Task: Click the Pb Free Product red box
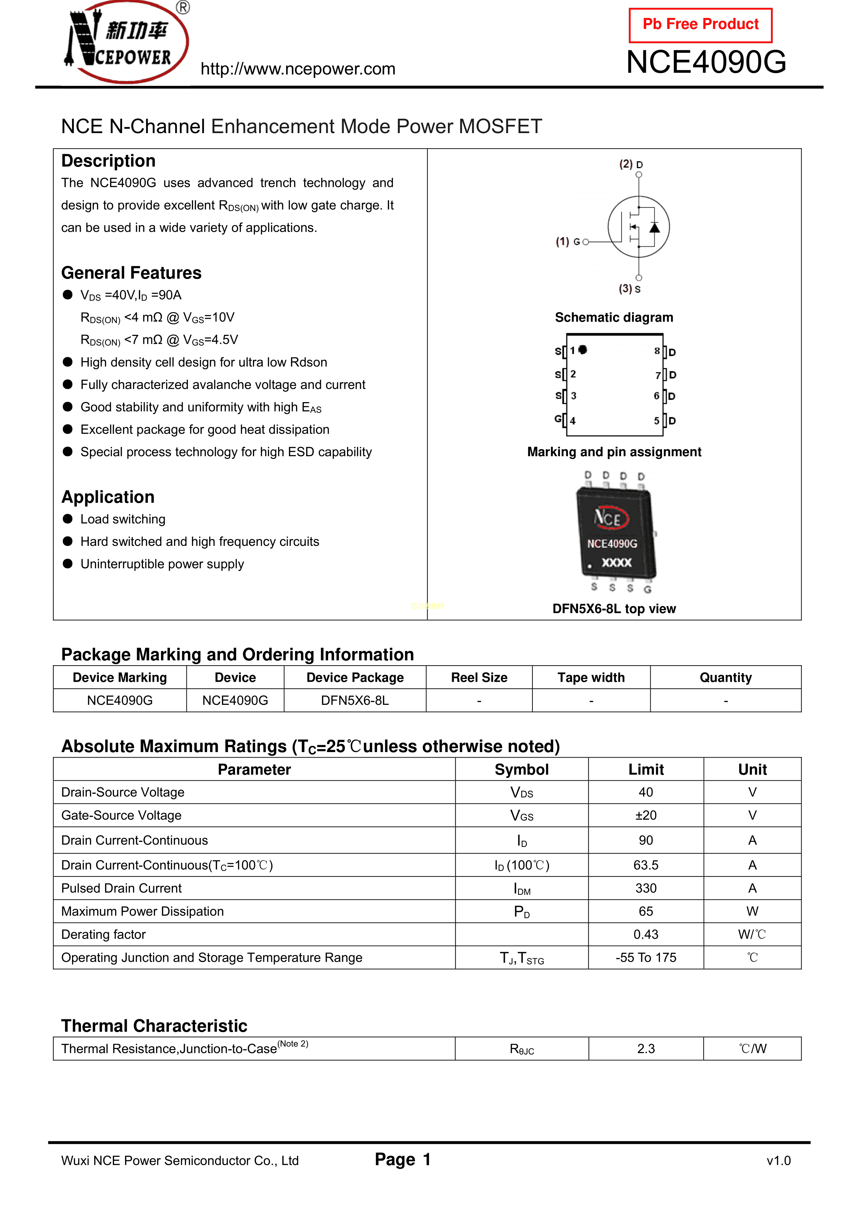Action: coord(700,25)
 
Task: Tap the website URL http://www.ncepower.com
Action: coord(298,69)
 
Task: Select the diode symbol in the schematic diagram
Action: coord(654,228)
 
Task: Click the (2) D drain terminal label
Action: coord(631,164)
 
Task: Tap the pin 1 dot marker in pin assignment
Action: coord(583,349)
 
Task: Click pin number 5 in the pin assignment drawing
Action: coord(656,421)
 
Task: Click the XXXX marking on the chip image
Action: coord(617,563)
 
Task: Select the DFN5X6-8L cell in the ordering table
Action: coord(355,700)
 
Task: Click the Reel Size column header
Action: coord(479,677)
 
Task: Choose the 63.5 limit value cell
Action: coord(646,865)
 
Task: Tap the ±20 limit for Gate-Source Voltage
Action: coord(646,815)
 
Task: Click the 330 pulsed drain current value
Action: coord(646,888)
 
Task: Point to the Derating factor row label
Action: coord(103,934)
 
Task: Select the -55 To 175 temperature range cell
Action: coord(646,958)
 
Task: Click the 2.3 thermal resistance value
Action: coord(646,1049)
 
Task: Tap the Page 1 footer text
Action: coord(403,1159)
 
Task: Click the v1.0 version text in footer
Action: coord(778,1160)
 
